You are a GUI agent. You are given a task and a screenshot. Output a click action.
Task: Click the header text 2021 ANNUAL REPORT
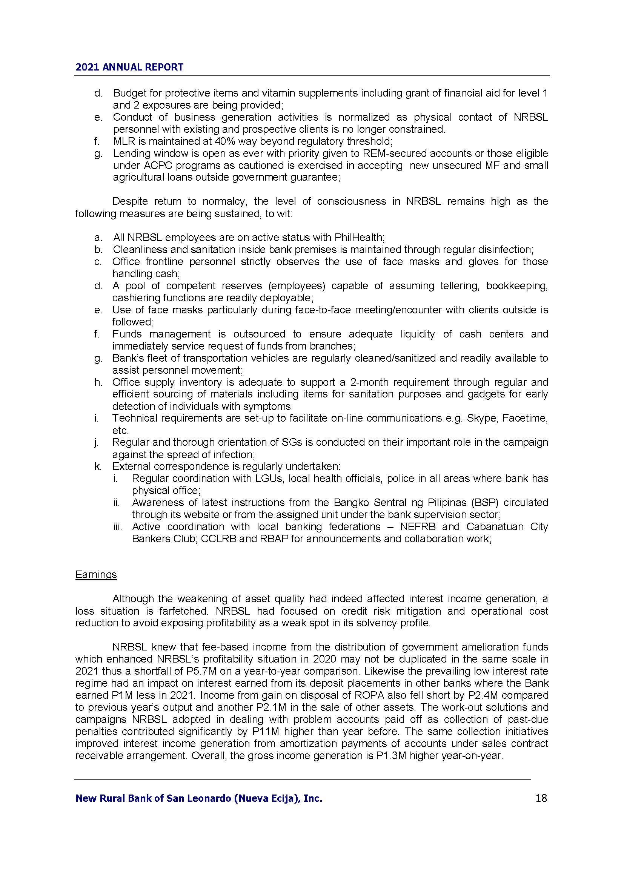coord(129,67)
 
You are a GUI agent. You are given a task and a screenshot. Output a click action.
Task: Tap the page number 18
coord(541,798)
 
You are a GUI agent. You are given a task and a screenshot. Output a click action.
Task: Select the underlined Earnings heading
coord(96,574)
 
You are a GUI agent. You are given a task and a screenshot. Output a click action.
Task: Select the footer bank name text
coord(199,799)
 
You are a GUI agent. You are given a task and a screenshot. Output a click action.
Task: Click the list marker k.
coord(98,466)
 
